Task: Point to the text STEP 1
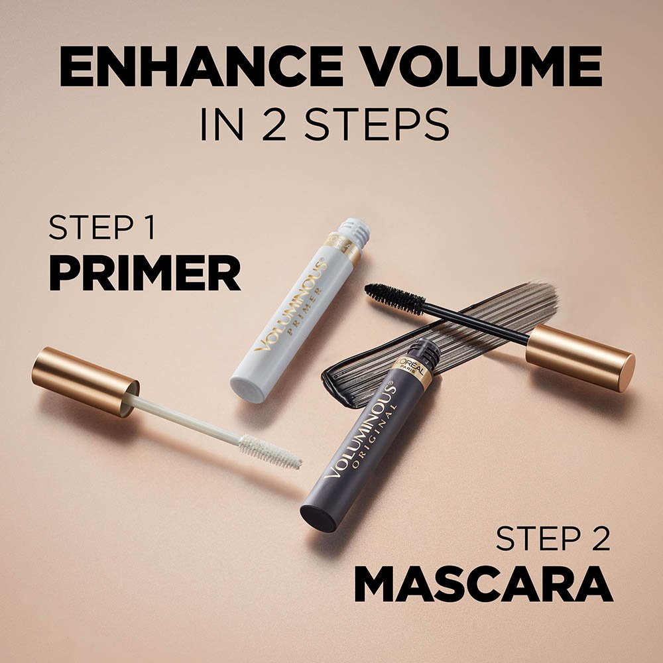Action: click(x=102, y=229)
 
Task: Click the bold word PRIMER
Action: click(x=145, y=274)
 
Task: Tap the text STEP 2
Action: click(x=553, y=538)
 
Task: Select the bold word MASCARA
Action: click(x=483, y=584)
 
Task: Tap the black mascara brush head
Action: click(x=395, y=299)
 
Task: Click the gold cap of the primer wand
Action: click(x=85, y=381)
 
